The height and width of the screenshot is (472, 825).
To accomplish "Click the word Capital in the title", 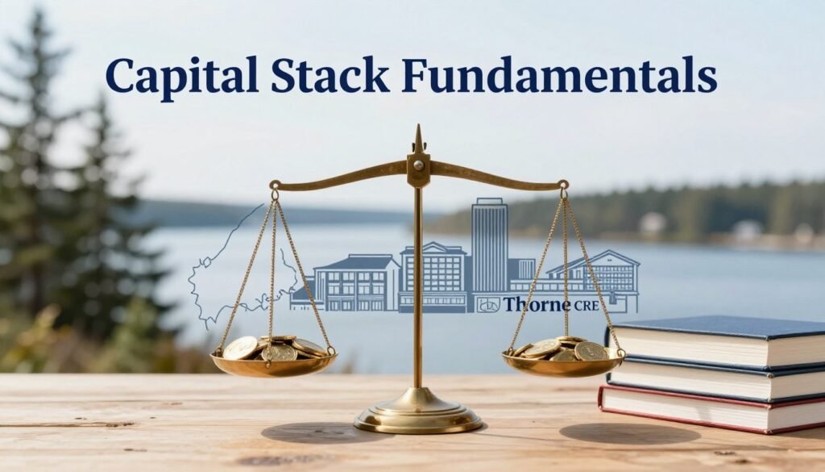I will click(181, 77).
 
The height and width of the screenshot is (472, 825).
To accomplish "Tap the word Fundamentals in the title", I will click(558, 77).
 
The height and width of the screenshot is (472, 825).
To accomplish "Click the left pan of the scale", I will click(274, 365).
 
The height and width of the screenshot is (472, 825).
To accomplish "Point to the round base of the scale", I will click(417, 418).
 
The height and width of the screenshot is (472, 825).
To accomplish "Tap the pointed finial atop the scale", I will click(418, 139).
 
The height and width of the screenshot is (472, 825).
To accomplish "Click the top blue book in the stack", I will click(717, 338).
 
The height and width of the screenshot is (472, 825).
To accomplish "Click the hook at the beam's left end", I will click(275, 190).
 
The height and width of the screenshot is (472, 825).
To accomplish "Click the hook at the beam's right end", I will click(562, 189).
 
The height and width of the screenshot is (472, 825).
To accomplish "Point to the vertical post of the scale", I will click(417, 290).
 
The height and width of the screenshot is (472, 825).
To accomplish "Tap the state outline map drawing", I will click(234, 266).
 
